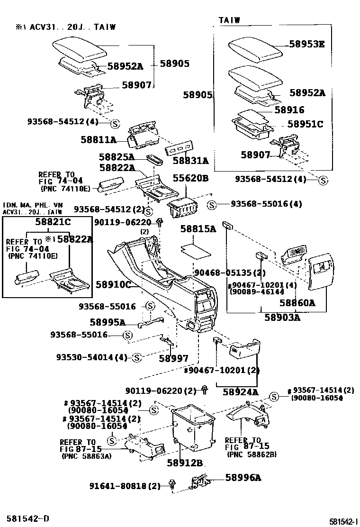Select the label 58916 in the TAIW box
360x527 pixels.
[289, 110]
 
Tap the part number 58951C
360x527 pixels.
[306, 124]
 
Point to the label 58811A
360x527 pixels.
[99, 140]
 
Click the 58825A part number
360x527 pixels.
[117, 157]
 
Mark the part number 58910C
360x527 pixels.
[113, 284]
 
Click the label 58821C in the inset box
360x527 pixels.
[53, 222]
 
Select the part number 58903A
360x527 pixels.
[283, 317]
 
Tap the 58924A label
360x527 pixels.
[241, 392]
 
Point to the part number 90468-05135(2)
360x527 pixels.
[230, 273]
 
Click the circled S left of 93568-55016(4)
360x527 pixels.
[212, 205]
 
